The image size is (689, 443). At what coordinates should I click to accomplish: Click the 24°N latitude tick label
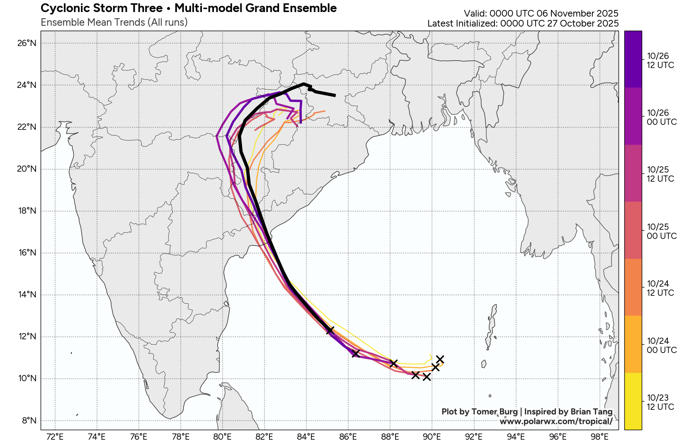[27, 85]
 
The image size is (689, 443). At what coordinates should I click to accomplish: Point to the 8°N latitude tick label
[29, 421]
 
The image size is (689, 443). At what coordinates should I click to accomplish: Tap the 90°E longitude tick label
[432, 437]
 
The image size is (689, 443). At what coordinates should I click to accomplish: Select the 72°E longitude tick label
[55, 437]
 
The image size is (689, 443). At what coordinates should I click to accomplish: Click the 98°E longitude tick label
[599, 437]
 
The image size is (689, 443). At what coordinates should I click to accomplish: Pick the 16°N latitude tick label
[27, 253]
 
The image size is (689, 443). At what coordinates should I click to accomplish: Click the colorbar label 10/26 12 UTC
[660, 61]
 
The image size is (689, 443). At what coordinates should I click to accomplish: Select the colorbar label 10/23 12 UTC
[660, 402]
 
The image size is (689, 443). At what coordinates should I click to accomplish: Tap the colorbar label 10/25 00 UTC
[662, 231]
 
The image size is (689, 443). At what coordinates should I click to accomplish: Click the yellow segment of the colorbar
[633, 401]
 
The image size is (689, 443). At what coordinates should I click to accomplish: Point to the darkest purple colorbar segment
[633, 59]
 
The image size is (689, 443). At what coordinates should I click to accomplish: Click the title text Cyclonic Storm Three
[102, 8]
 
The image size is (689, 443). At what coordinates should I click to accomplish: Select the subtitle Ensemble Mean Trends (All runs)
[114, 22]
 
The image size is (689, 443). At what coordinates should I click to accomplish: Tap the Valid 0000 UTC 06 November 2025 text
[541, 14]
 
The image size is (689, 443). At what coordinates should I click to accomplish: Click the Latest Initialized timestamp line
[523, 24]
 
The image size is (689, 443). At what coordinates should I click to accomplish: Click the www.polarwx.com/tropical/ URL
[556, 421]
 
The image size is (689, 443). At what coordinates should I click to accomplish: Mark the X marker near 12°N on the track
[330, 330]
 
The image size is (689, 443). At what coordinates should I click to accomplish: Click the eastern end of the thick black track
[335, 95]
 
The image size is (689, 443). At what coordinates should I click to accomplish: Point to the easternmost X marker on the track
[440, 359]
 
